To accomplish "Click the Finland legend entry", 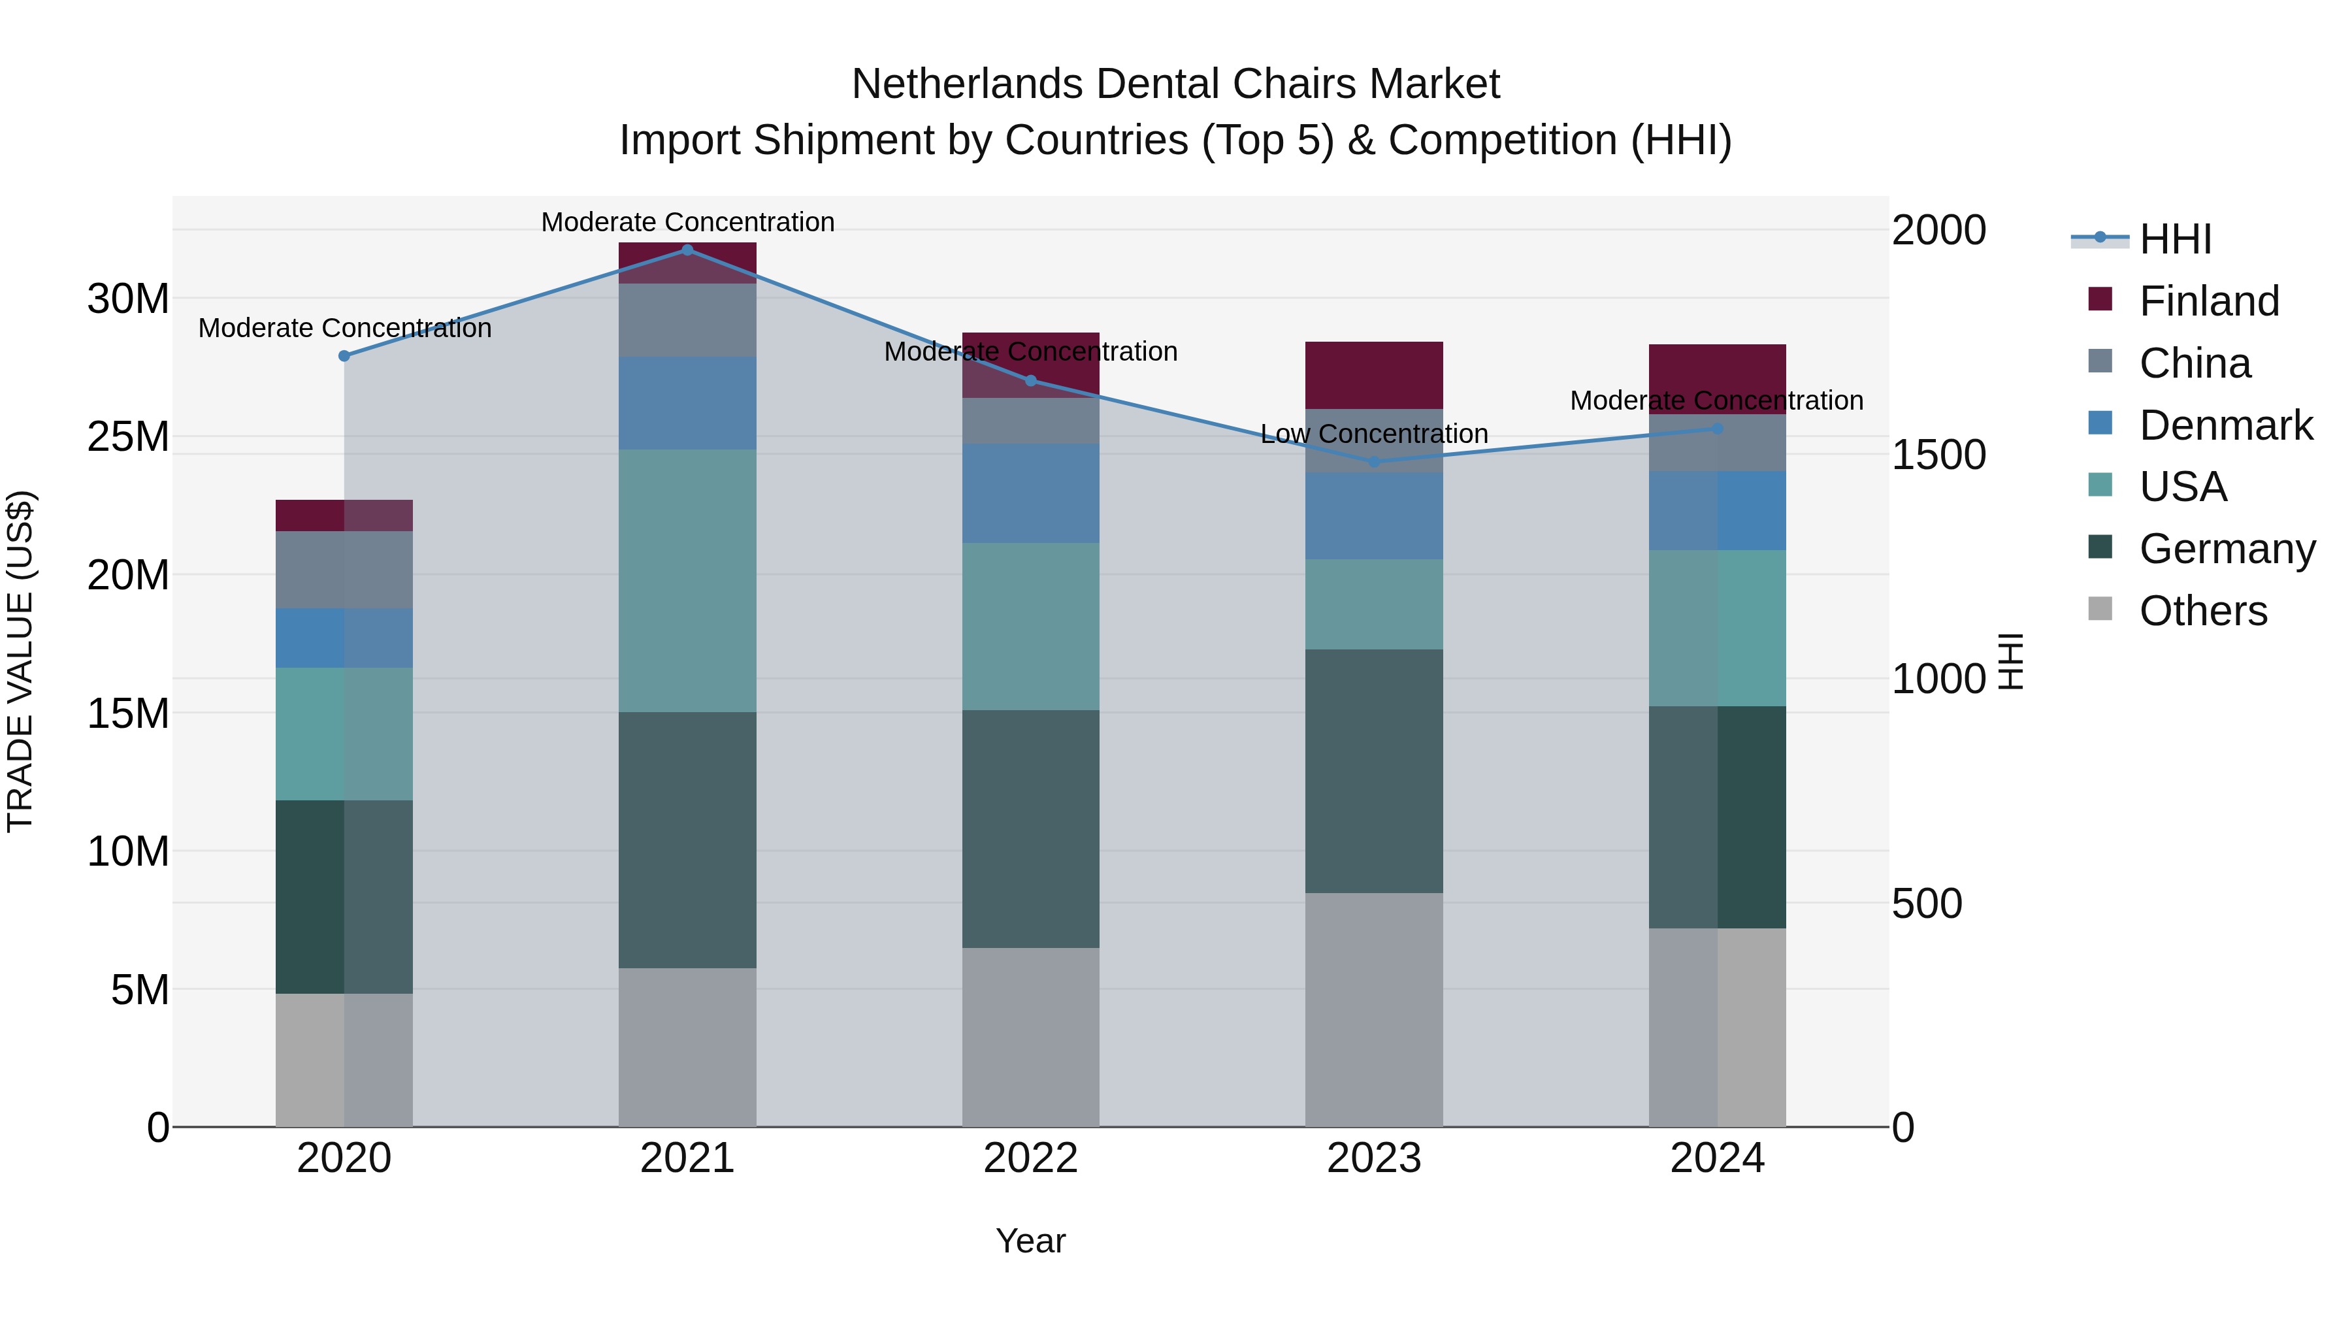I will (2208, 301).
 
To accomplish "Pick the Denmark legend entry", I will (2224, 425).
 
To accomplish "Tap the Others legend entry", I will (2202, 611).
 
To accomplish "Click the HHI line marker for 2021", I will (687, 250).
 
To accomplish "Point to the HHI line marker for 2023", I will (1374, 462).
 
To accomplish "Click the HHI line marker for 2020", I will (344, 356).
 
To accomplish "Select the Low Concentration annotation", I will (1373, 434).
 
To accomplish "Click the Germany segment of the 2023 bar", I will (1374, 771).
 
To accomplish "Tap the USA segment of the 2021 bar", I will (687, 581).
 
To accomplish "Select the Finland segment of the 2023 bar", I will (1374, 375).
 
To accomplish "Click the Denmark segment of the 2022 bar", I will (1031, 494).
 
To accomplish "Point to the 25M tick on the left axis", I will (128, 436).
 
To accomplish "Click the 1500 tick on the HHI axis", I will (1938, 454).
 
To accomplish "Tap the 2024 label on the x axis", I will (1716, 1158).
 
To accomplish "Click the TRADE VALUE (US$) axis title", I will (20, 661).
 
